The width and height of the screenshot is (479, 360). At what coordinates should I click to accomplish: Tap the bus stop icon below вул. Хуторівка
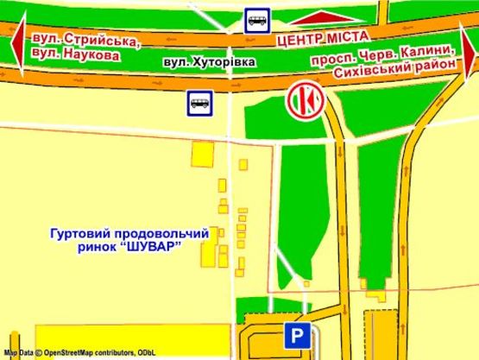199,104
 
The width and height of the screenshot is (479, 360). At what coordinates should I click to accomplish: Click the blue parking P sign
295,337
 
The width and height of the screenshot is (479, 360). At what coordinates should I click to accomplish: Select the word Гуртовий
77,234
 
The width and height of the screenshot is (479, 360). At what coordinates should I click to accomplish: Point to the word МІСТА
350,35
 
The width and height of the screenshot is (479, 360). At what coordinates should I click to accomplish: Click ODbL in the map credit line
146,353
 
